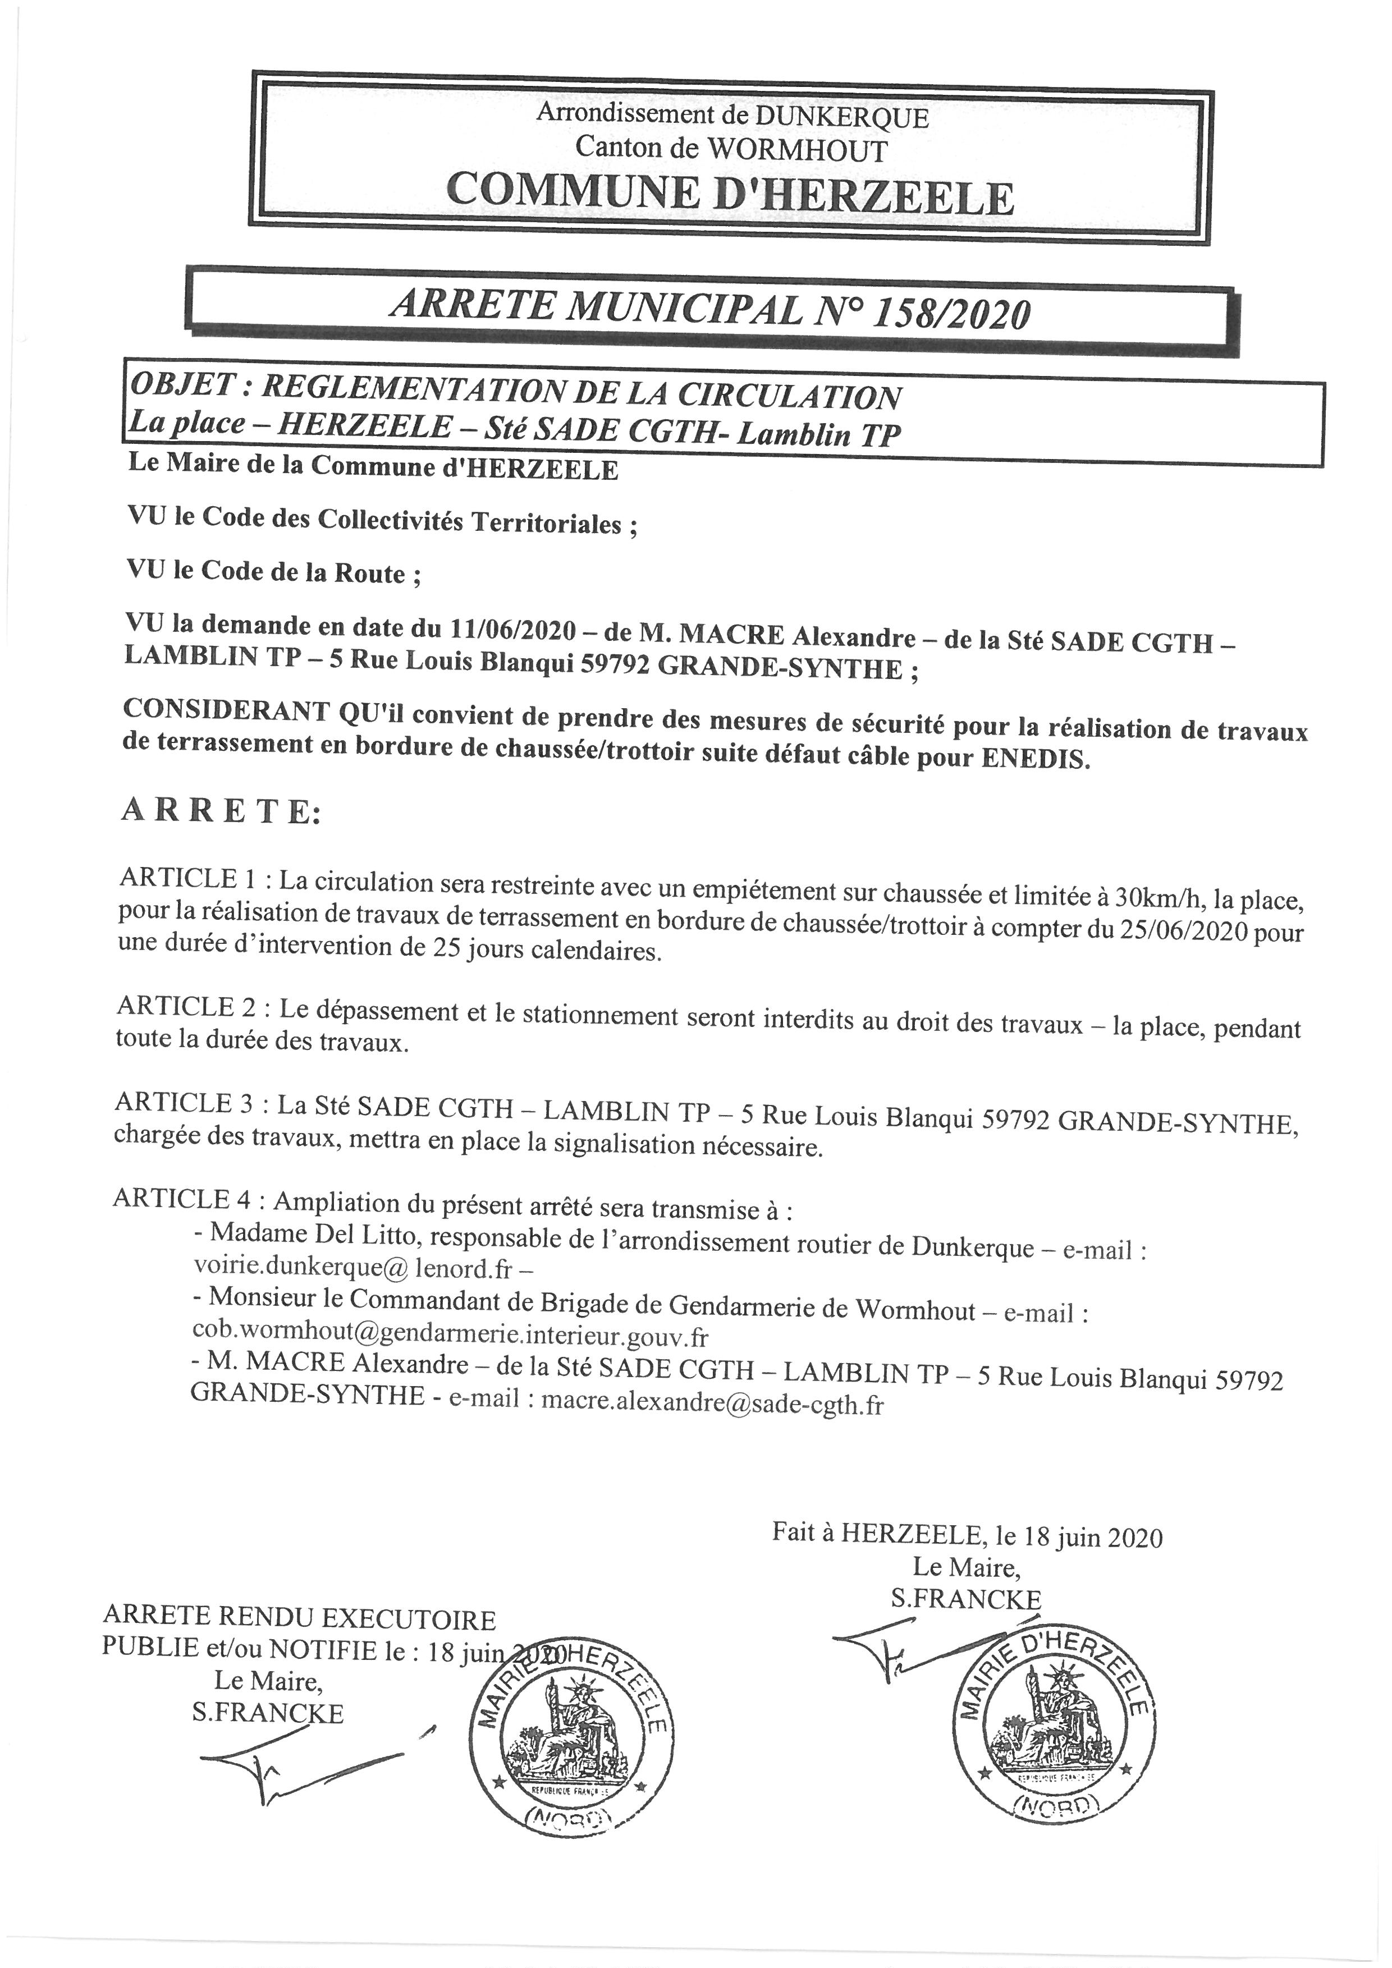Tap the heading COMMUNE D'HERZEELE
730,195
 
